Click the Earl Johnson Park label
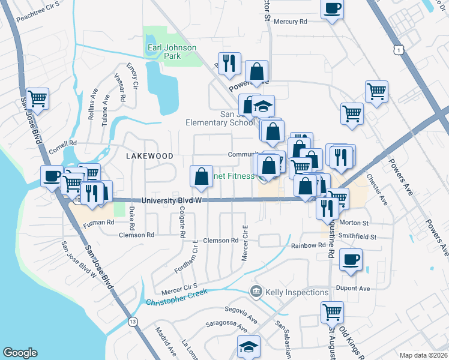click(x=164, y=52)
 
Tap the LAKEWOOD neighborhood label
click(x=149, y=155)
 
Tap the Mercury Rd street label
click(x=290, y=21)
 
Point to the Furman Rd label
click(x=98, y=223)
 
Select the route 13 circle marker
click(x=133, y=322)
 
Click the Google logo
click(x=20, y=352)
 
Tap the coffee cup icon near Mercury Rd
click(x=332, y=9)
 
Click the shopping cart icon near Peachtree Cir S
click(x=37, y=98)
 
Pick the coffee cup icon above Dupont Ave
click(x=351, y=260)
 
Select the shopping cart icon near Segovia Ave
click(x=332, y=311)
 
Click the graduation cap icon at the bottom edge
click(x=248, y=347)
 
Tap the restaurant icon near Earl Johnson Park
click(x=229, y=63)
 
